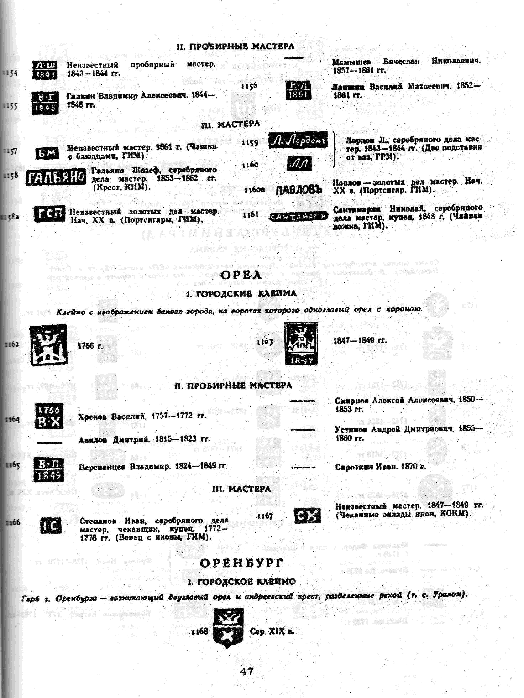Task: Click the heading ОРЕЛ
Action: pos(241,275)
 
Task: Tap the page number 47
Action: pos(246,671)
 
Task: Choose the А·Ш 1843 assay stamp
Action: pos(45,70)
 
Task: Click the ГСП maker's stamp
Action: pos(49,214)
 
